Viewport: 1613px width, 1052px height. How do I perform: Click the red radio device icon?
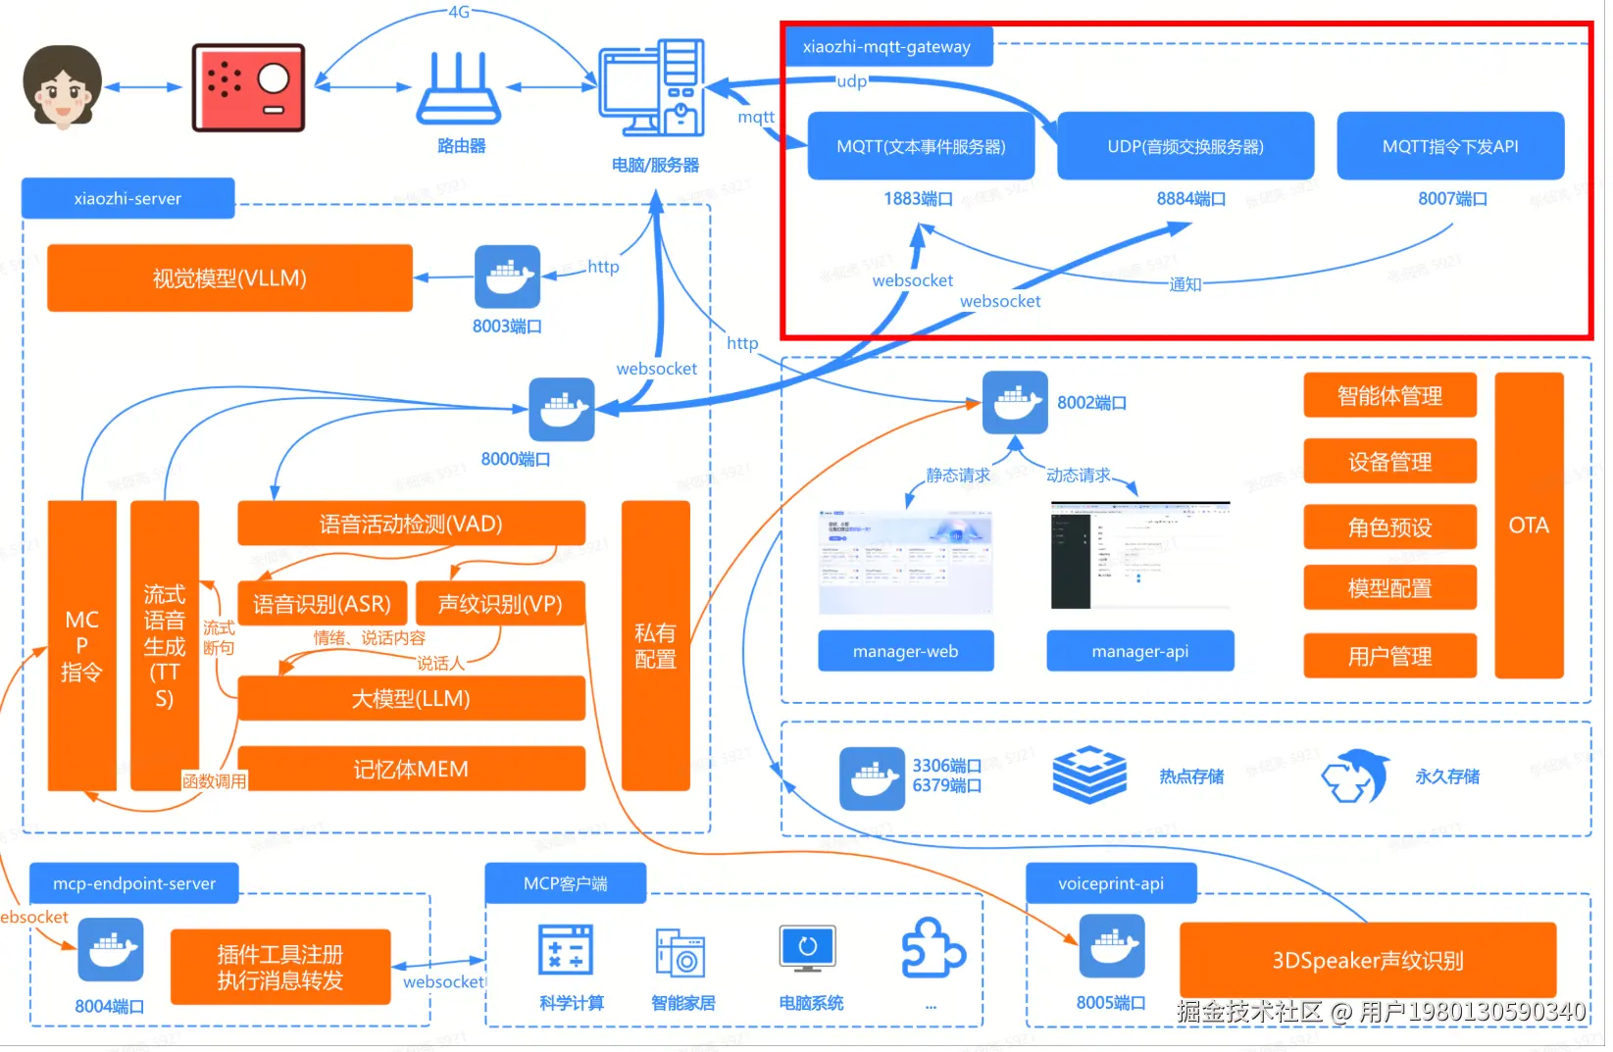[248, 87]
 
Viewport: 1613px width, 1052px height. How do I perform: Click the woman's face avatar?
[62, 87]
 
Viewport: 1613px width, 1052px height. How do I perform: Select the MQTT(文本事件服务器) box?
[921, 146]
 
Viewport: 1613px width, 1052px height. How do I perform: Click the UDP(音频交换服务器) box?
[1185, 146]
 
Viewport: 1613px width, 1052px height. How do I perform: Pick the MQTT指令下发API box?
[1449, 146]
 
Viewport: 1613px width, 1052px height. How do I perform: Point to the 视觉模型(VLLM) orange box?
[229, 278]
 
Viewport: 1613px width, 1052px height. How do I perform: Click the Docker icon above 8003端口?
[507, 276]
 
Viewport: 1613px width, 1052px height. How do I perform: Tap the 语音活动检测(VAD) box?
[411, 524]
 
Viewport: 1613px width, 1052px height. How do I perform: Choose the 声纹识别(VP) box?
[500, 604]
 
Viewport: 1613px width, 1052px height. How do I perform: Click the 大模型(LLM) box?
[411, 698]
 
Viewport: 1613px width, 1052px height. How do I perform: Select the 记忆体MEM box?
[411, 769]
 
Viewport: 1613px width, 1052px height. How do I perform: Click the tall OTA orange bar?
[1528, 526]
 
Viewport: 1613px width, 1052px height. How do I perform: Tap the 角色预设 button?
[1389, 526]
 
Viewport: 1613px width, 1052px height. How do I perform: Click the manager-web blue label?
[905, 651]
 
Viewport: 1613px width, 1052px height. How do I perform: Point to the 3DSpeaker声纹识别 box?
[1367, 960]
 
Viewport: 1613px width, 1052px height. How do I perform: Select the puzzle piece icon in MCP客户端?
[933, 948]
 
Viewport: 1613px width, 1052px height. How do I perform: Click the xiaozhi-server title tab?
[127, 198]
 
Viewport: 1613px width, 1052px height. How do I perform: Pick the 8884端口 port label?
[1190, 198]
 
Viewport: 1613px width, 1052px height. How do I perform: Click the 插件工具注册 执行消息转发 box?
[280, 967]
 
